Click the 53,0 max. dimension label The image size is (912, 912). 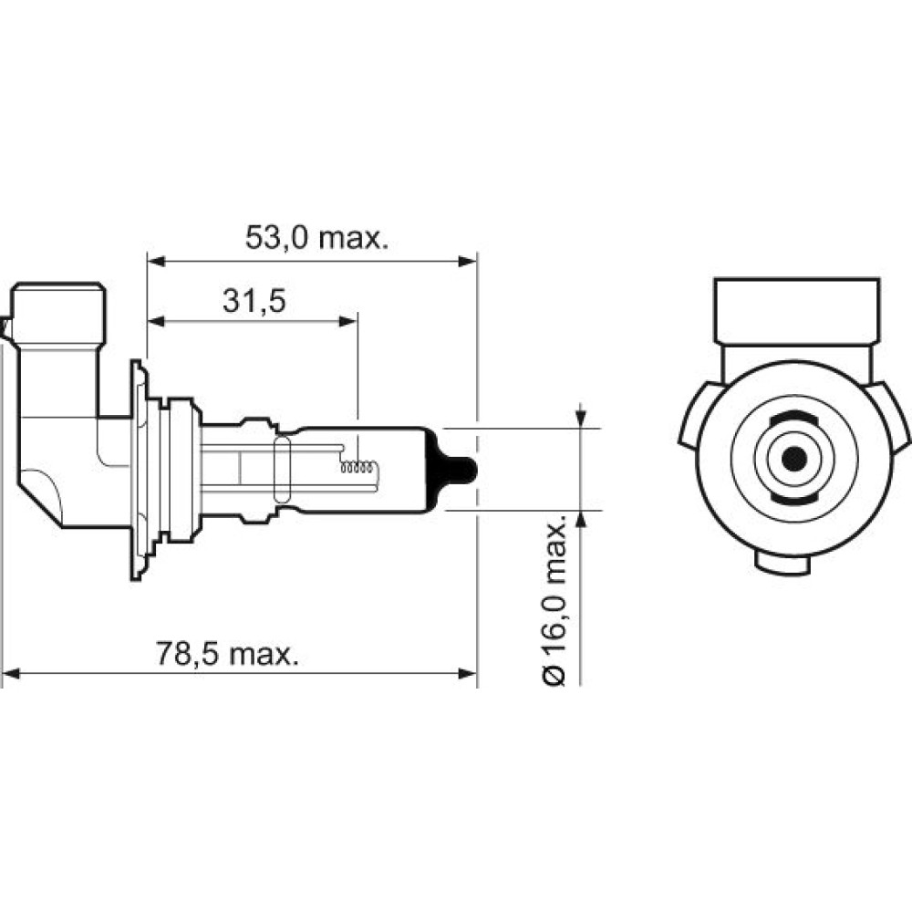[x=316, y=237]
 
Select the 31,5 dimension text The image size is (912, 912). [x=254, y=301]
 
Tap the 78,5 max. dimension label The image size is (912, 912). [x=227, y=654]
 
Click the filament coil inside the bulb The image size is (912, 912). [x=358, y=467]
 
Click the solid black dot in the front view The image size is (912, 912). [x=794, y=460]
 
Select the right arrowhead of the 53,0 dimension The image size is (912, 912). [x=468, y=262]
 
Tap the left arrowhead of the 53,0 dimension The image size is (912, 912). [x=157, y=262]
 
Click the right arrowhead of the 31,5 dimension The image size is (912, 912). [x=347, y=321]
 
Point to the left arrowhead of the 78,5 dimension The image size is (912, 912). [x=11, y=674]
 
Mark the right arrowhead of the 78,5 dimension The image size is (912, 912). [x=468, y=674]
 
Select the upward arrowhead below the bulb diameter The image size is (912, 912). [x=580, y=521]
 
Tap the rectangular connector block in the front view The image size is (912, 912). [x=797, y=311]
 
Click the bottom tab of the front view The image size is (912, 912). [x=782, y=563]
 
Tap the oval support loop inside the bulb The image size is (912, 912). [x=282, y=470]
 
